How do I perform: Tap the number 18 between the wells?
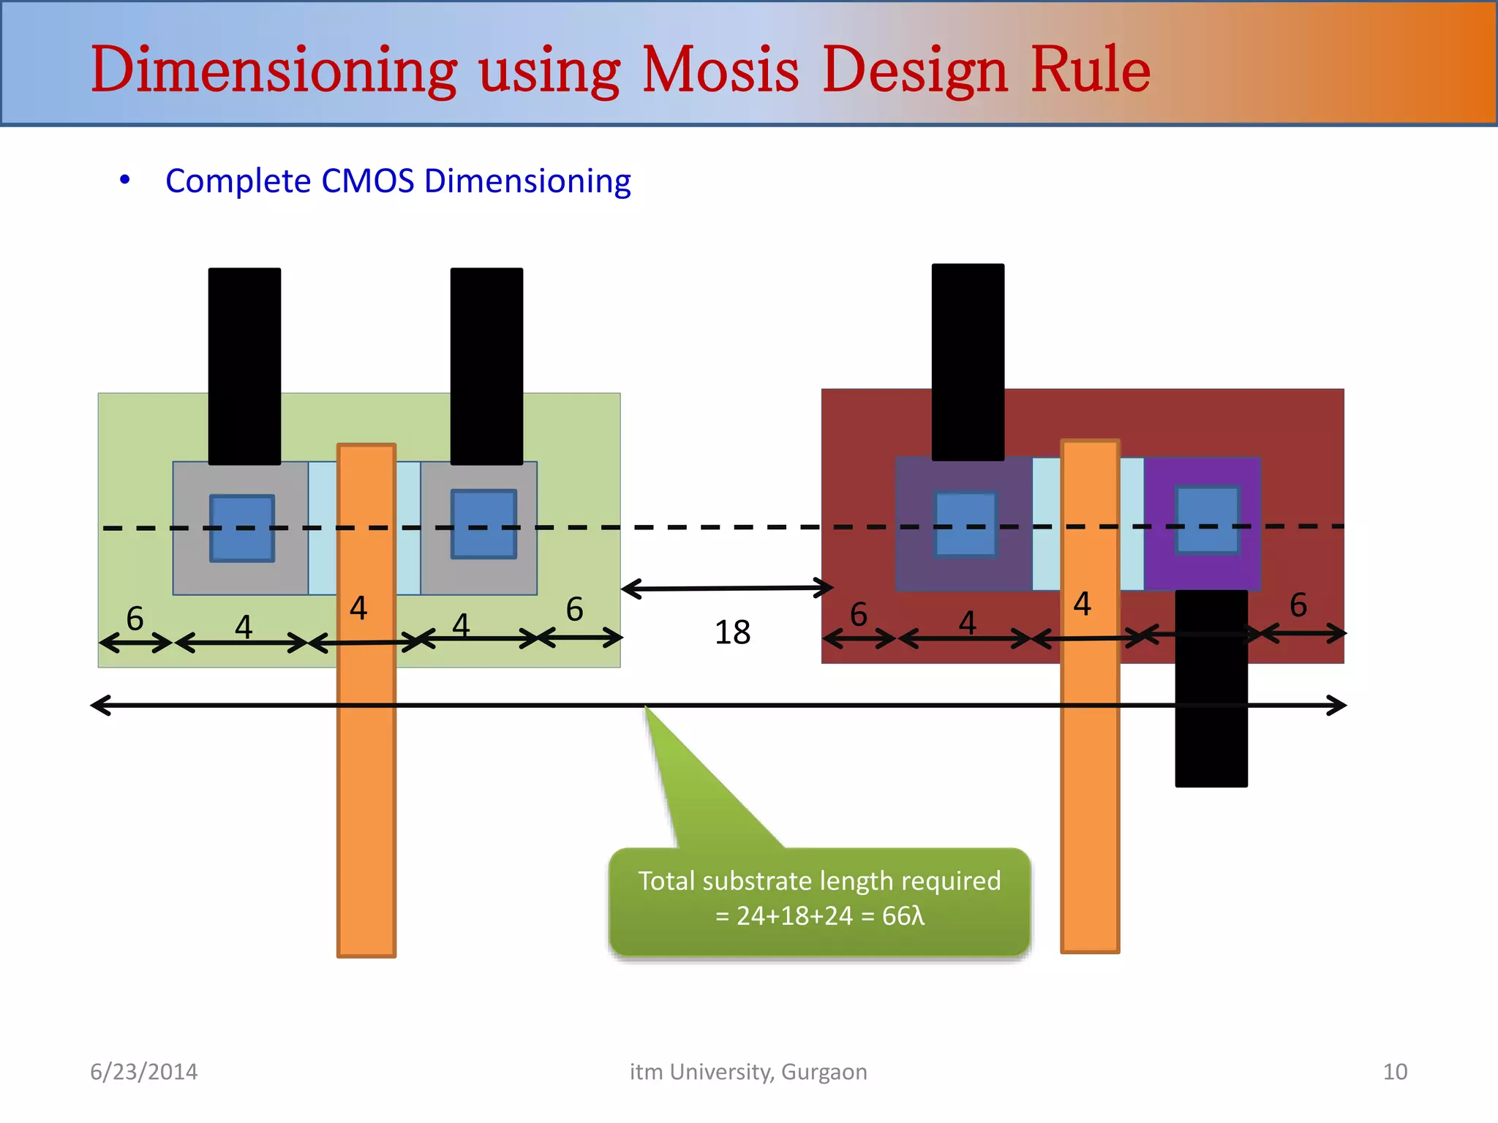(732, 632)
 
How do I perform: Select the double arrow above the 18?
(726, 588)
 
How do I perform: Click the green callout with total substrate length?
(819, 901)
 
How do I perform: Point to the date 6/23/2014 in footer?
(143, 1072)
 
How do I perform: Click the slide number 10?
(1394, 1072)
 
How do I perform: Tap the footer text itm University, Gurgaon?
(748, 1072)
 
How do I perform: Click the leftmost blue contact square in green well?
(242, 528)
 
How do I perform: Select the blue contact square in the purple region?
(1207, 520)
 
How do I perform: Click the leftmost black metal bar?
(244, 366)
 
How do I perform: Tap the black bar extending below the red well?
(1211, 724)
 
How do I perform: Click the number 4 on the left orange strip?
(358, 608)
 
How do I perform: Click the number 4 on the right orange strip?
(1083, 605)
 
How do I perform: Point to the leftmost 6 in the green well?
(135, 619)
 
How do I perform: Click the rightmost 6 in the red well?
(1298, 605)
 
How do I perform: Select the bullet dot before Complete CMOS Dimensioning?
(125, 180)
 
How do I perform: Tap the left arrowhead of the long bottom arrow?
(98, 706)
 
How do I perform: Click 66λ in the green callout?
(903, 916)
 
